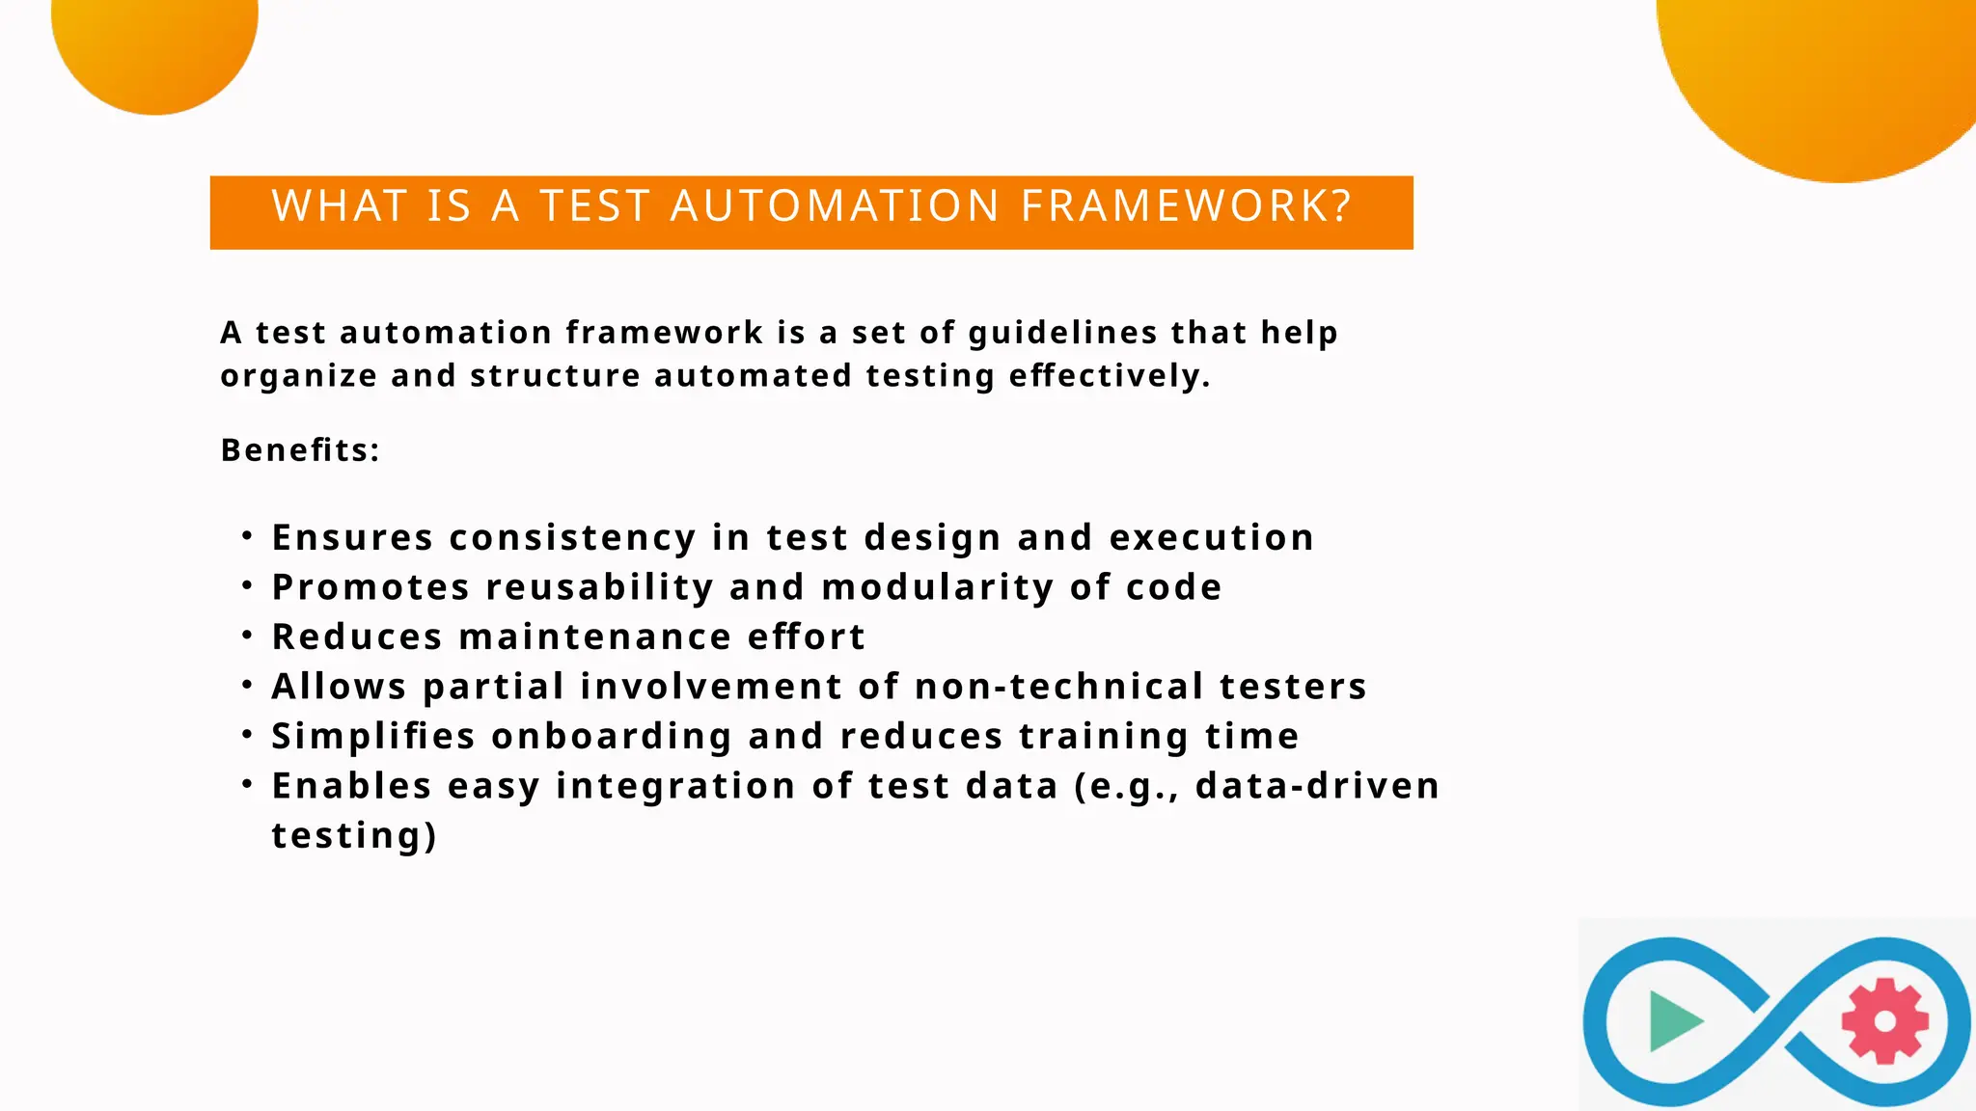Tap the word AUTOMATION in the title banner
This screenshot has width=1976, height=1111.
point(835,206)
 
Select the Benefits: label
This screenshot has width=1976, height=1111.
point(300,449)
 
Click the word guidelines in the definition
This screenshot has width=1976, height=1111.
point(1062,333)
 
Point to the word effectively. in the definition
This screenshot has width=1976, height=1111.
point(1110,375)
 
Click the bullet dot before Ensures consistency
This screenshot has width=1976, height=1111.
point(248,535)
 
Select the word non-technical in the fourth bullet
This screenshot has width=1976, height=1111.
point(1058,687)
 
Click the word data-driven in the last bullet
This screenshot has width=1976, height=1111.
point(1317,786)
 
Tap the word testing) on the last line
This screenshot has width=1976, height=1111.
point(354,835)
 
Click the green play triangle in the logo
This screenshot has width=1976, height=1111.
point(1673,1020)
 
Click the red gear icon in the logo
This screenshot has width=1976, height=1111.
point(1884,1021)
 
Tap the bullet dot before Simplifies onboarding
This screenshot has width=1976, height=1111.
point(248,735)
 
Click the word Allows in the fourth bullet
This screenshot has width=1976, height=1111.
point(339,687)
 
